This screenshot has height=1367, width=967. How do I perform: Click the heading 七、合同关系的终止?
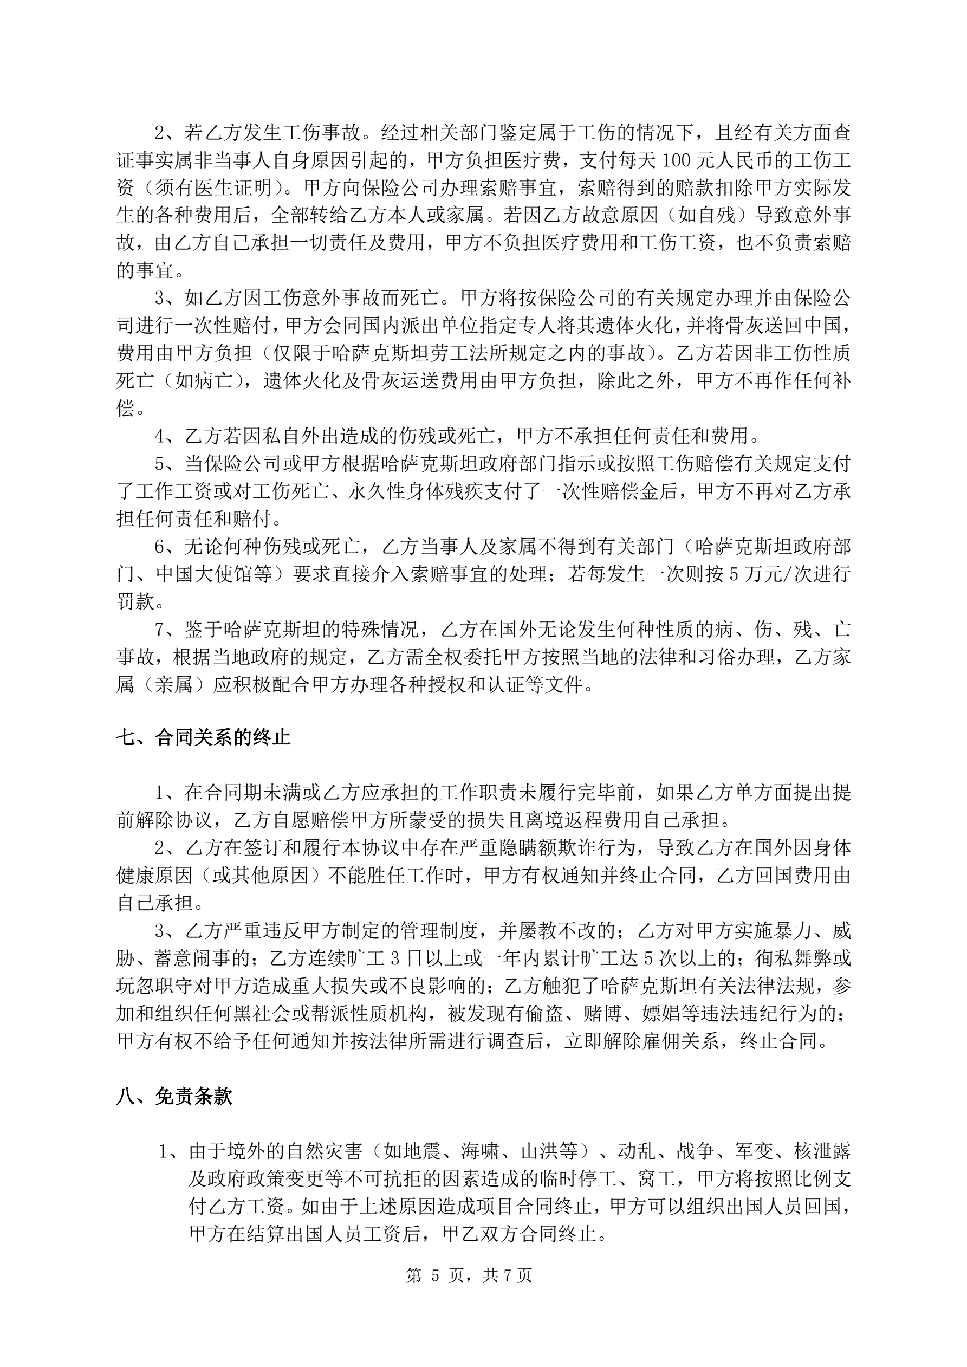[203, 737]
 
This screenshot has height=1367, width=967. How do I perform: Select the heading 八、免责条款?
[174, 1096]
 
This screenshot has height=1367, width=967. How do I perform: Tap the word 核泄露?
[822, 1151]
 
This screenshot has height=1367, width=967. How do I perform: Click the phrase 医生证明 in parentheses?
[232, 187]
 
